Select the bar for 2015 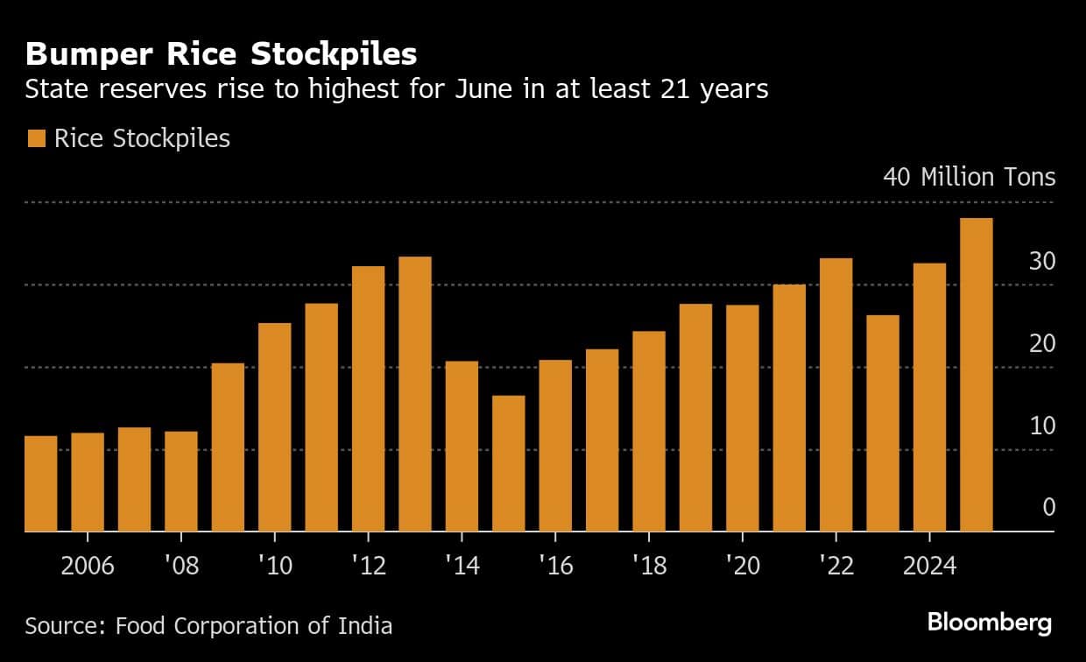(509, 463)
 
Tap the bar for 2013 (415, 394)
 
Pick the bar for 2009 (228, 447)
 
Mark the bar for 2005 (41, 483)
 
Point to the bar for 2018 (649, 431)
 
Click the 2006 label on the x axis (88, 566)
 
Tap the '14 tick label (462, 566)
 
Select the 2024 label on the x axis (929, 566)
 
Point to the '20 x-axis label (743, 566)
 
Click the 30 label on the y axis (1041, 261)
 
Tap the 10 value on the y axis (1041, 426)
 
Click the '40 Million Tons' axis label (969, 177)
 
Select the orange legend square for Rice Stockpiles (36, 138)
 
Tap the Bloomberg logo (989, 623)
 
